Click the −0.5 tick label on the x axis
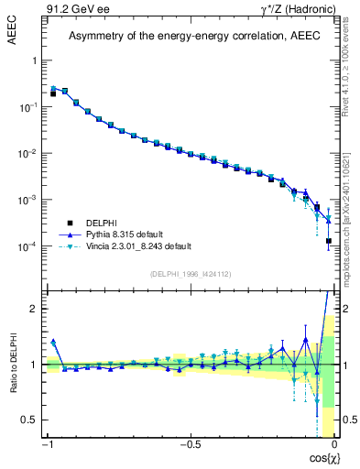coord(189,445)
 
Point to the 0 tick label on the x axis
coord(334,445)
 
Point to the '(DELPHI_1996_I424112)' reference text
coord(189,273)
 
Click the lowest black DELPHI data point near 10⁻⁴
coord(328,241)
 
